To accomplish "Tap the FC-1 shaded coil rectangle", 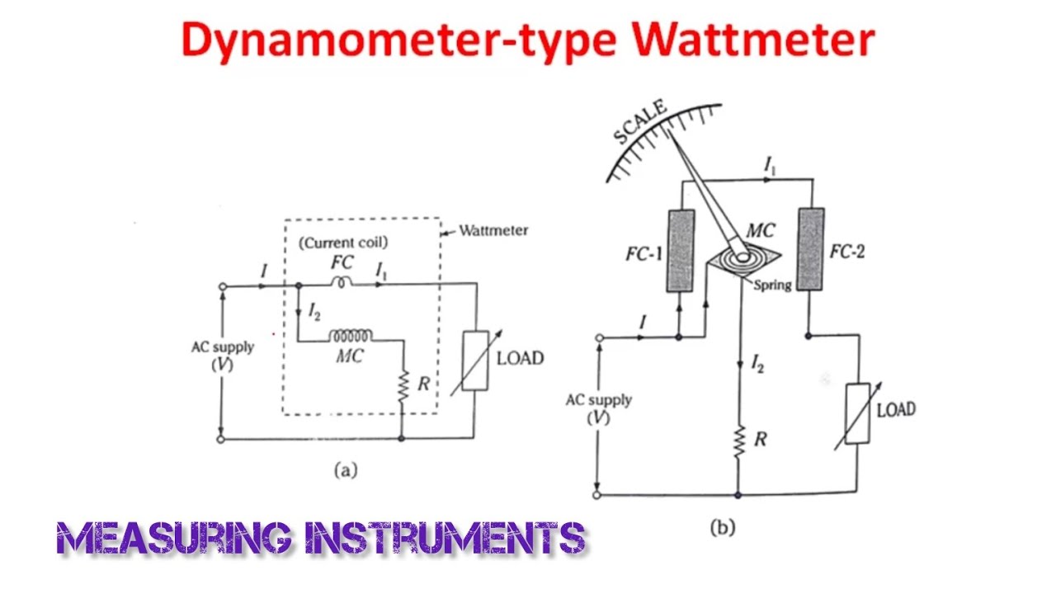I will pos(681,251).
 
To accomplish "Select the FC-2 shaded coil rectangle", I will pos(810,249).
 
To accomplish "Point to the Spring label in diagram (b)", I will pos(772,285).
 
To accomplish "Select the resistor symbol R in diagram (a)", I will pos(403,386).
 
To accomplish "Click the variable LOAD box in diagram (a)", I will pos(475,360).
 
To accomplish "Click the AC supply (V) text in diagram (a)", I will pos(223,355).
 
